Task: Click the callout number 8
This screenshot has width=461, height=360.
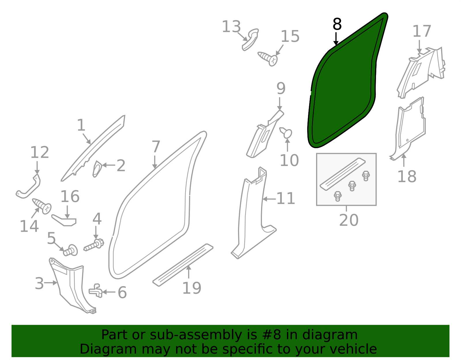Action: [x=337, y=24]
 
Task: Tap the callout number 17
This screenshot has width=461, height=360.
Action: [x=422, y=31]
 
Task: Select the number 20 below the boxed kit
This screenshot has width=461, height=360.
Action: [x=349, y=220]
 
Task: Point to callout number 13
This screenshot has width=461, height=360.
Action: [x=231, y=27]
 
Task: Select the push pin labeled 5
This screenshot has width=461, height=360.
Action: [x=71, y=250]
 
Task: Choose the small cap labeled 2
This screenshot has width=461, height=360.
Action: [x=97, y=169]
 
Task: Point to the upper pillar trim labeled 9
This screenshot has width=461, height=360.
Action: [x=264, y=134]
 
